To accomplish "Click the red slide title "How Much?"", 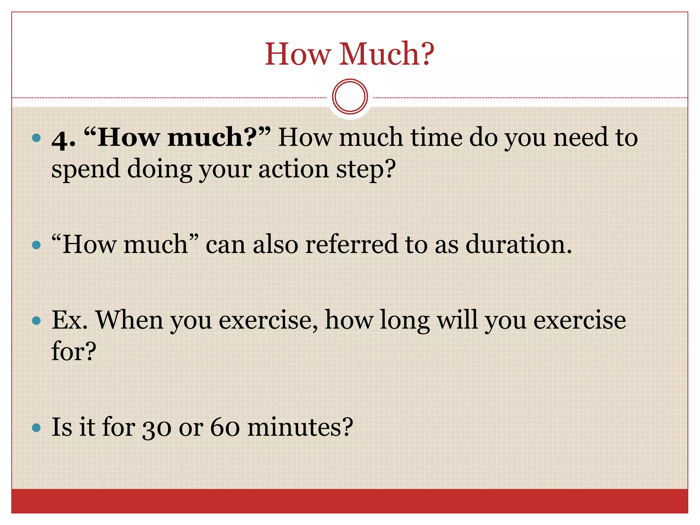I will pyautogui.click(x=349, y=54).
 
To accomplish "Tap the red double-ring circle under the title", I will pyautogui.click(x=350, y=97).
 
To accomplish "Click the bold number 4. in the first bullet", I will pyautogui.click(x=64, y=139).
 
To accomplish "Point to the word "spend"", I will pyautogui.click(x=85, y=170).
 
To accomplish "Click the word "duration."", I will pyautogui.click(x=519, y=244).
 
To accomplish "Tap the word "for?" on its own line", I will pyautogui.click(x=74, y=351).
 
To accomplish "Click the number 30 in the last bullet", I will pyautogui.click(x=157, y=427).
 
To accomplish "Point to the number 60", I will pyautogui.click(x=225, y=427).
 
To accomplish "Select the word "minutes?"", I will pyautogui.click(x=300, y=427).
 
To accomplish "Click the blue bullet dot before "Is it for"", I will pyautogui.click(x=36, y=428).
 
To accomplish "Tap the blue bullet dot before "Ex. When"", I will pyautogui.click(x=36, y=321).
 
